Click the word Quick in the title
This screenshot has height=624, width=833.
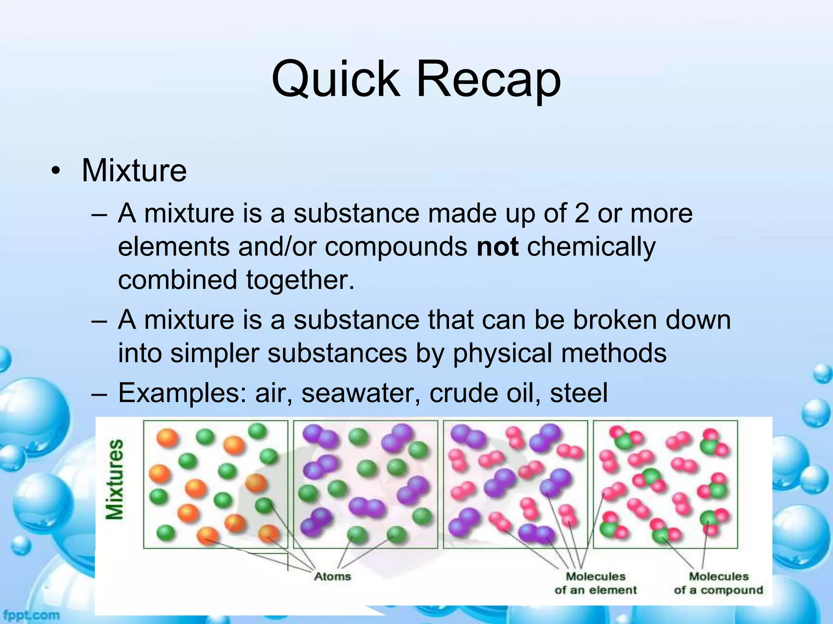[336, 79]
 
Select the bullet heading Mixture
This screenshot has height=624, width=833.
[134, 171]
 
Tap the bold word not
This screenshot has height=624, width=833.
[497, 247]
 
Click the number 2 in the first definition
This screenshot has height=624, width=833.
[582, 213]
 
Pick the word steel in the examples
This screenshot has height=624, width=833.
[578, 393]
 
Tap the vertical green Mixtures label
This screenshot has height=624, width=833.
[114, 479]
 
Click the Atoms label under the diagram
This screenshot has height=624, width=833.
[332, 576]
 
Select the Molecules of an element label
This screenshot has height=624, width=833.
[595, 583]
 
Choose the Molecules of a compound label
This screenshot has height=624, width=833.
[718, 583]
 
